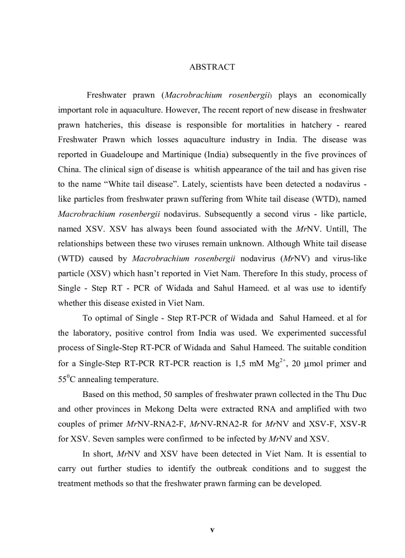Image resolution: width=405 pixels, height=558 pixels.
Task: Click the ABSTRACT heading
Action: [212, 67]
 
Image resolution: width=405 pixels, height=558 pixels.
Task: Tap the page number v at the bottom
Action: [212, 530]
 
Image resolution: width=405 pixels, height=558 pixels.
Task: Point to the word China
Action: [70, 169]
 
